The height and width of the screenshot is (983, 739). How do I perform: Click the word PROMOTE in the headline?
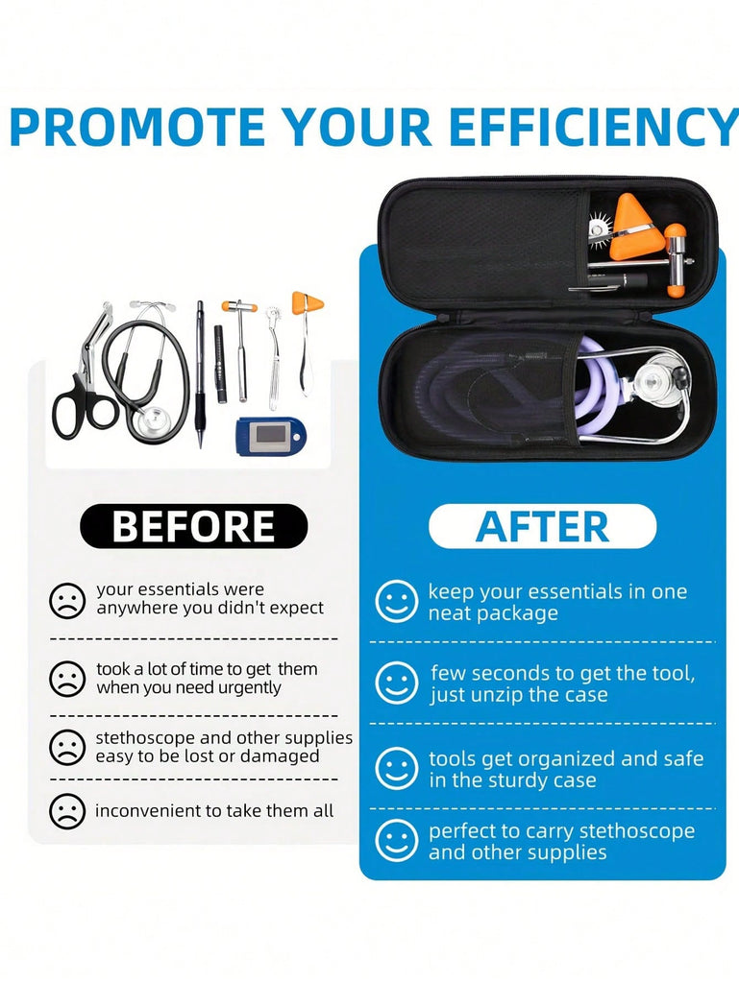point(137,128)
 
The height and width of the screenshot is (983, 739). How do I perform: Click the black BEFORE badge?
point(194,526)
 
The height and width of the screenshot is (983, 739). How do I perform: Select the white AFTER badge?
point(543,526)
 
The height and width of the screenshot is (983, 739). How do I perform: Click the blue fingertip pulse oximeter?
point(271,435)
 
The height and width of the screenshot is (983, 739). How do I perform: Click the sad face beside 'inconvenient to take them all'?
point(67,811)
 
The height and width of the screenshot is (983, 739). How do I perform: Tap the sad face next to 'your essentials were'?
point(67,601)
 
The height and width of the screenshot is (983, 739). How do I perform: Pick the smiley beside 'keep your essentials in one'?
point(397,601)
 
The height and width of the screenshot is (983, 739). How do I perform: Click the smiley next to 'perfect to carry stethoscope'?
point(397,841)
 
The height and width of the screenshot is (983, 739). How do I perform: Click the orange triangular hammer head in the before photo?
point(308,303)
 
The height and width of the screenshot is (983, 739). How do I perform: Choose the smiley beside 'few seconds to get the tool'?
point(397,683)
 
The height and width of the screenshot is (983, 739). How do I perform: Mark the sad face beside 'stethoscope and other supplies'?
point(67,747)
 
